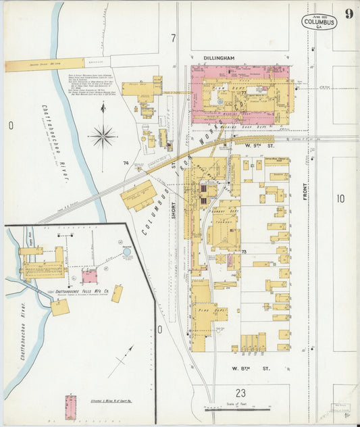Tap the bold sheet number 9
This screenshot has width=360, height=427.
[348, 14]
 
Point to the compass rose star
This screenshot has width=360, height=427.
[103, 136]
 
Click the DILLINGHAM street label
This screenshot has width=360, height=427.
[219, 59]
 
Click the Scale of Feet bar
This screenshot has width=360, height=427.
[237, 408]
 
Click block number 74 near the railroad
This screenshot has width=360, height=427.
[126, 164]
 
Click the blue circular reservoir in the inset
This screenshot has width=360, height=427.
[128, 252]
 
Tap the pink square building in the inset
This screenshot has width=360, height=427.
[89, 276]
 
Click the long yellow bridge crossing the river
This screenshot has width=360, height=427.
[45, 64]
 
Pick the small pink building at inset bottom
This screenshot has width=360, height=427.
[70, 407]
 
